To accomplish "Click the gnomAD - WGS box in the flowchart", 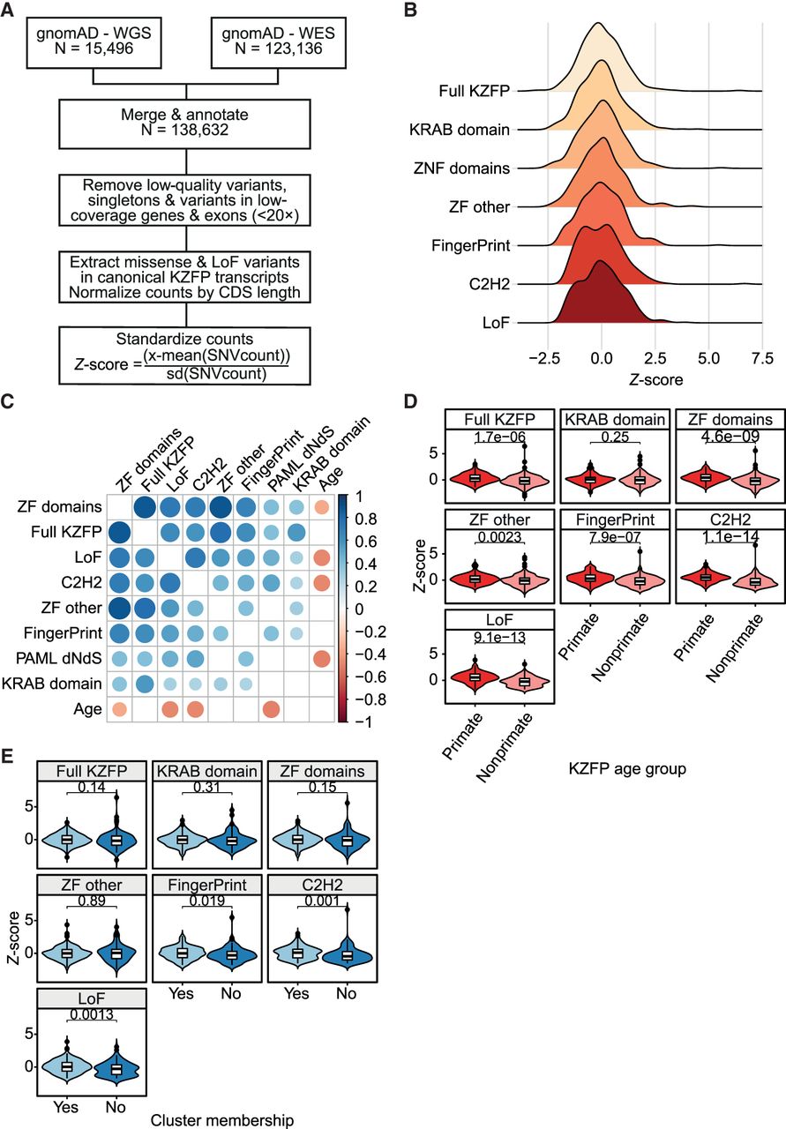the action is (x=94, y=42).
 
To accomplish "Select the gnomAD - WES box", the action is (x=278, y=42).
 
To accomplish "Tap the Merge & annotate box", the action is (x=184, y=124).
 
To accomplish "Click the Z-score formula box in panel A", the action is (x=184, y=355).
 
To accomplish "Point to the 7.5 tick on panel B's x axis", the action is (x=762, y=358).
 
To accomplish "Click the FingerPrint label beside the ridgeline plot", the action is (x=471, y=245).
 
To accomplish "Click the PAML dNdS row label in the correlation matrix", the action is (x=58, y=658).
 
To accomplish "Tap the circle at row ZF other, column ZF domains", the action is (x=119, y=608).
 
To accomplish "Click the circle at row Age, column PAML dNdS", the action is (x=271, y=709).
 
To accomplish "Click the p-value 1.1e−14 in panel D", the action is (x=730, y=537).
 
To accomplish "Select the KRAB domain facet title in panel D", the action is (x=615, y=419).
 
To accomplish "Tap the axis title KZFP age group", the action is (x=627, y=769).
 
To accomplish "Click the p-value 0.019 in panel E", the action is (x=207, y=901).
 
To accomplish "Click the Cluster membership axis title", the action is (x=221, y=1120).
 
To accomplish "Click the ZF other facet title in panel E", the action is (x=92, y=885).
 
